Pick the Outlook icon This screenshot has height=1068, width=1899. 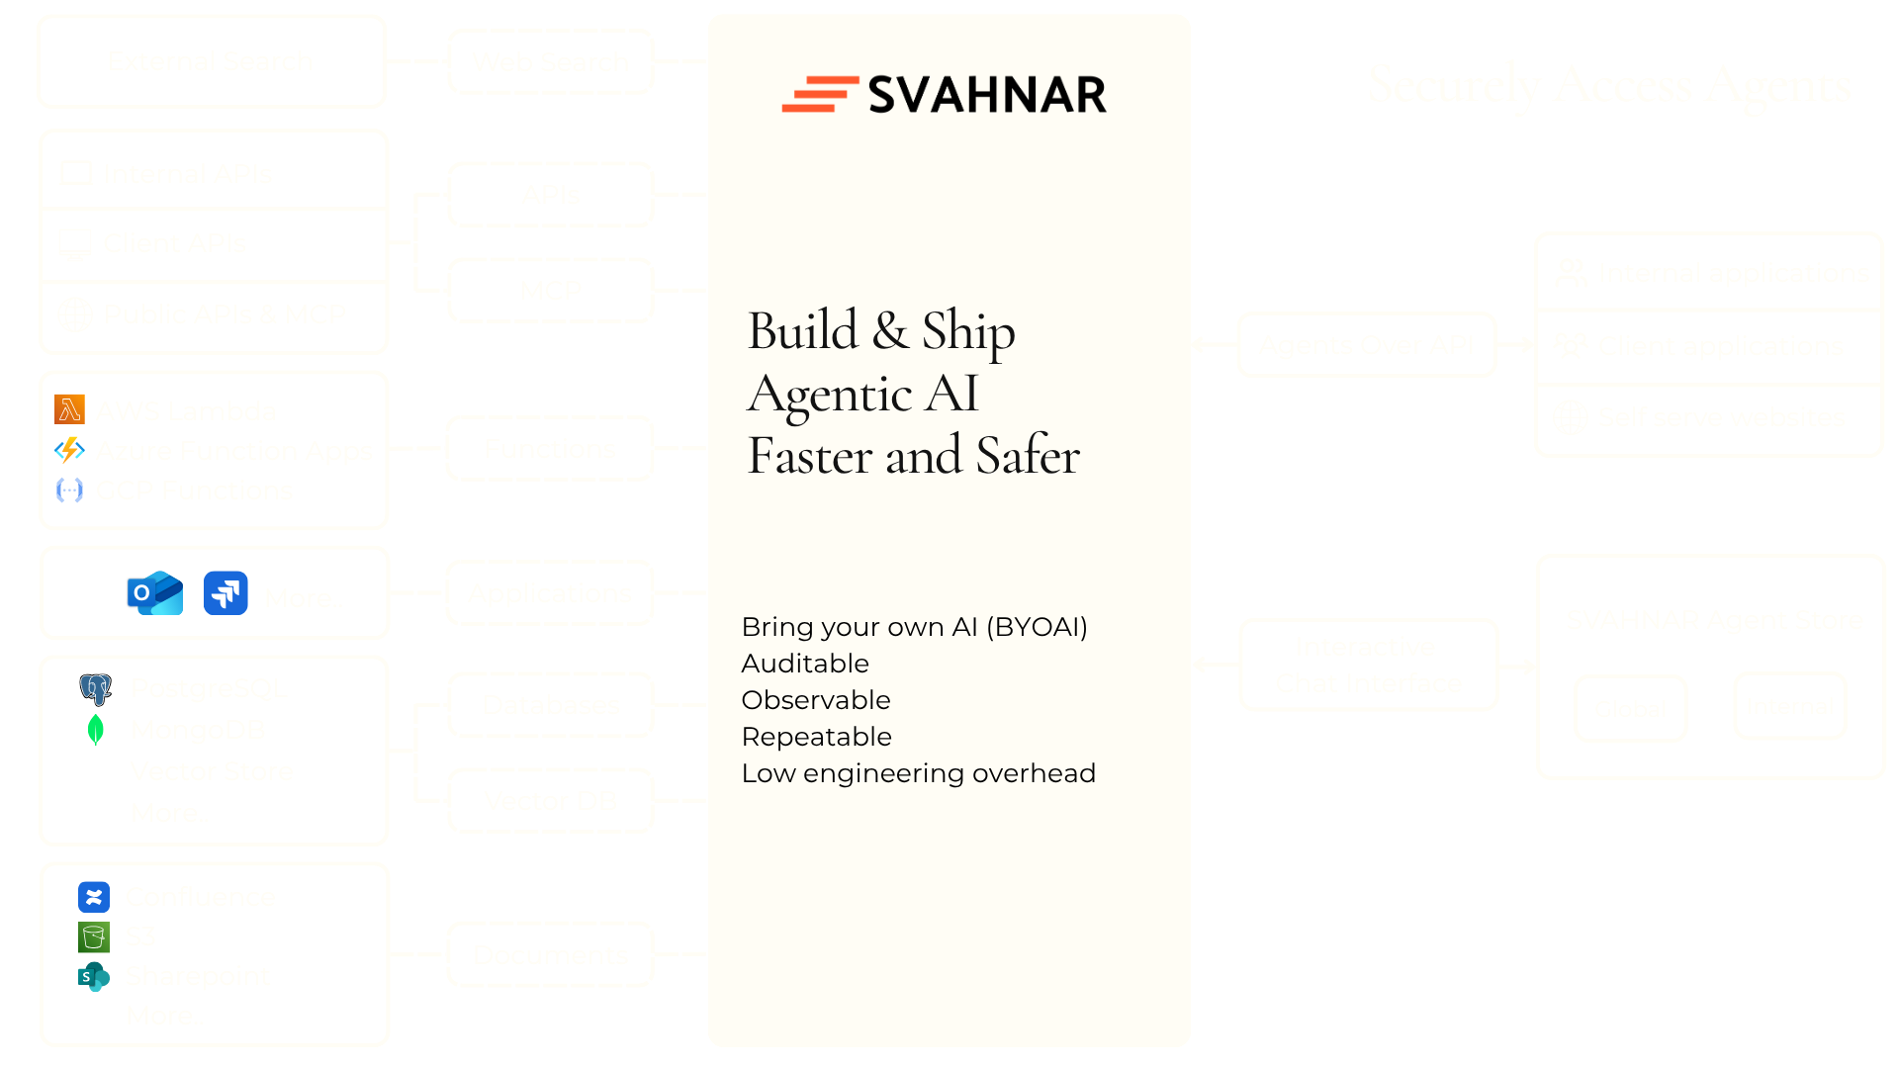(x=155, y=593)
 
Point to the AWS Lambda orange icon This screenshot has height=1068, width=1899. (x=70, y=409)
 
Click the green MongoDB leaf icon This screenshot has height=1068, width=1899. (x=96, y=730)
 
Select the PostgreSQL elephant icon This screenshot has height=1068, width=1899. (x=96, y=688)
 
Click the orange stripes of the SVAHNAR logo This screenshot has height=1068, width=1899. (x=819, y=95)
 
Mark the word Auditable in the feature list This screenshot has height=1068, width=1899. (x=805, y=664)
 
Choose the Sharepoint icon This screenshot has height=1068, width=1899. (x=93, y=977)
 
